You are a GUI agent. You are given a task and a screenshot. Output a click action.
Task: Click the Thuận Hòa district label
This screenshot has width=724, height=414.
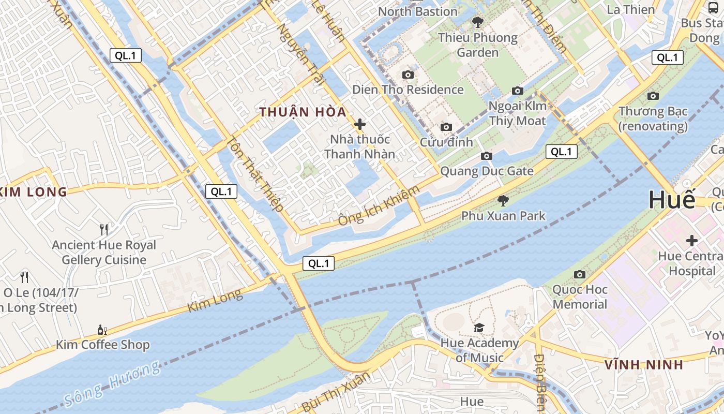pyautogui.click(x=303, y=112)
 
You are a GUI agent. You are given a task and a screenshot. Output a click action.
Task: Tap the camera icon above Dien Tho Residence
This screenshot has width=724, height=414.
pyautogui.click(x=408, y=75)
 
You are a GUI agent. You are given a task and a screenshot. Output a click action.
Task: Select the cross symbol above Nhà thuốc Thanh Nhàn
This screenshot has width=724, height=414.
pyautogui.click(x=360, y=124)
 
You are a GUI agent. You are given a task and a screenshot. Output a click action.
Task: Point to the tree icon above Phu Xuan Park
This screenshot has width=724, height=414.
pyautogui.click(x=503, y=200)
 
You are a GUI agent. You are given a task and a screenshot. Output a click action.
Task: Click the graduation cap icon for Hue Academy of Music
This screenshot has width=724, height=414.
pyautogui.click(x=479, y=328)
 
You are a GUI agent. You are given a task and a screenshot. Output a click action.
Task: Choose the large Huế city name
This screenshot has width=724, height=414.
pyautogui.click(x=672, y=200)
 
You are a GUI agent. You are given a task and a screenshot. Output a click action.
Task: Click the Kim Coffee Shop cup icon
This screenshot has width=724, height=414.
pyautogui.click(x=102, y=330)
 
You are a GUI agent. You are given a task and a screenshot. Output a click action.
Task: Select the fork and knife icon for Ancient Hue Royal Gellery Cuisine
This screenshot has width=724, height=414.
pyautogui.click(x=104, y=229)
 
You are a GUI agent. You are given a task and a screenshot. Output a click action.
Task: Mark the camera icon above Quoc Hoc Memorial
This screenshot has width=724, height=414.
pyautogui.click(x=580, y=274)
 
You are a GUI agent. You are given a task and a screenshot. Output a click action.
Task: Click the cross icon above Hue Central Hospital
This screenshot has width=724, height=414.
pyautogui.click(x=692, y=241)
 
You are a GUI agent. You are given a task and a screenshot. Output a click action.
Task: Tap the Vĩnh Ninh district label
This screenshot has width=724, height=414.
pyautogui.click(x=644, y=364)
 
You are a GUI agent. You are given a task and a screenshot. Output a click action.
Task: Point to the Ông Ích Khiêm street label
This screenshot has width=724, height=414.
pyautogui.click(x=379, y=205)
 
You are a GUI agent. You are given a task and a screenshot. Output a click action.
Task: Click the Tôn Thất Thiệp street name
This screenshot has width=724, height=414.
pyautogui.click(x=255, y=173)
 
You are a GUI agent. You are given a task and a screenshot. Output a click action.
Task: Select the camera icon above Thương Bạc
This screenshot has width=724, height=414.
pyautogui.click(x=653, y=96)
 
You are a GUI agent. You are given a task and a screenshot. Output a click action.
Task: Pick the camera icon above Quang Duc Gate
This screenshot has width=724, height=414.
pyautogui.click(x=486, y=156)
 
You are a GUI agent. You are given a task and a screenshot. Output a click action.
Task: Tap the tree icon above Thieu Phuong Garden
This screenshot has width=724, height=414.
pyautogui.click(x=478, y=22)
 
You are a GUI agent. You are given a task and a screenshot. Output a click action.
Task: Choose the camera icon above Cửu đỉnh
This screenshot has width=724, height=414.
pyautogui.click(x=446, y=127)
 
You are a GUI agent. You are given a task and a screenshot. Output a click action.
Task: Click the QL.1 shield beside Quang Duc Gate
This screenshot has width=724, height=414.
pyautogui.click(x=562, y=152)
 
